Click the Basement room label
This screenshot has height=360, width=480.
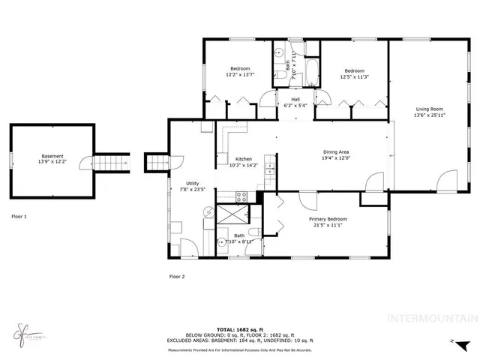pos(52,155)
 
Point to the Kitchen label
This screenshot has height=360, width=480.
pos(244,159)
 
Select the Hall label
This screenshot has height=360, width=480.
pos(285,99)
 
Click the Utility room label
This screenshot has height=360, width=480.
pos(193,183)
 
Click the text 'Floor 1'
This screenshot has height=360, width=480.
pos(19,216)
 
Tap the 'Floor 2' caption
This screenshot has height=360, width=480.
pos(177,276)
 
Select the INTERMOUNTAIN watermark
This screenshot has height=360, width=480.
pos(431,317)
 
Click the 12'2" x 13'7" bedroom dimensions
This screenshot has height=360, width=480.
pos(240,75)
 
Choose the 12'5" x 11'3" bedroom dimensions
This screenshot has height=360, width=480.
pos(354,75)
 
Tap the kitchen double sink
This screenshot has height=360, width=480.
pos(269,173)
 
